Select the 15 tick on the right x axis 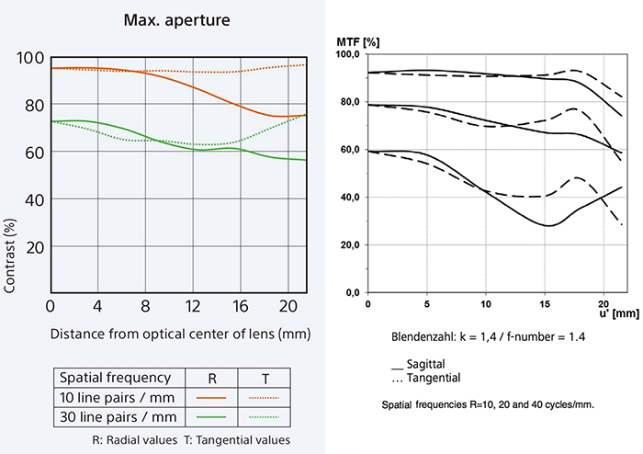[545, 303]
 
